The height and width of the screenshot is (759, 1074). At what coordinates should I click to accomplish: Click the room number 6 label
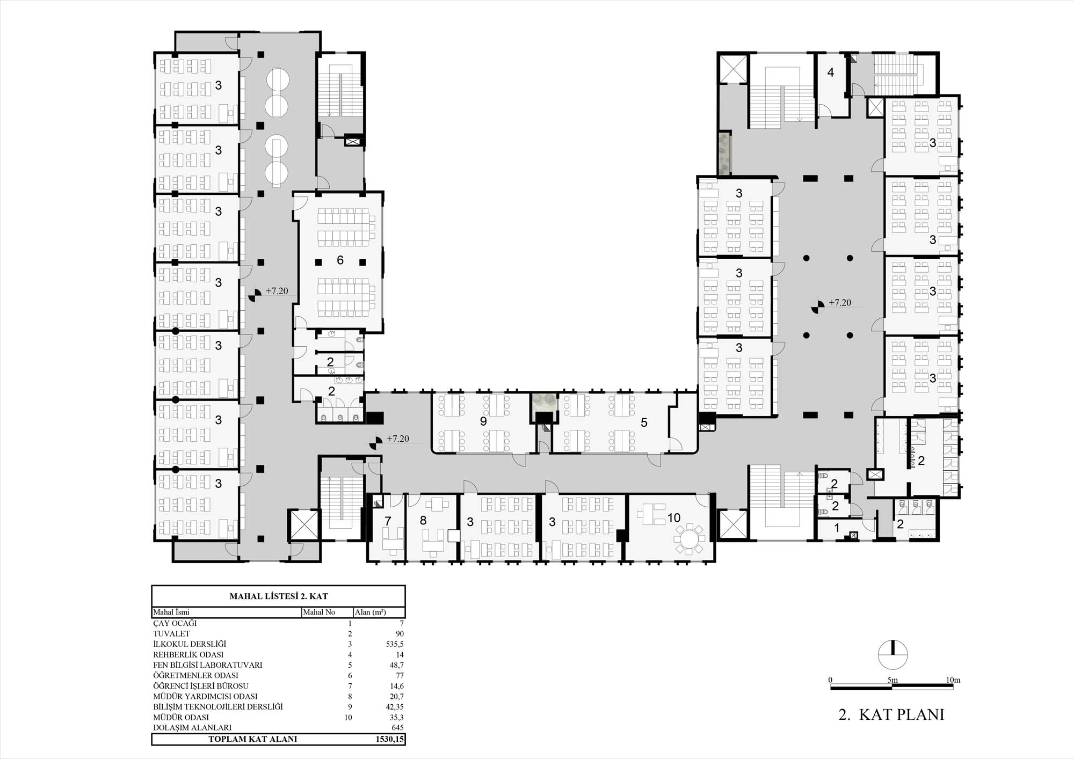[340, 260]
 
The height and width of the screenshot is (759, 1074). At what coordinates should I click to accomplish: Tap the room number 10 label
[674, 518]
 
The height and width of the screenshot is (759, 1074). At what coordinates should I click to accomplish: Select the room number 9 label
[483, 422]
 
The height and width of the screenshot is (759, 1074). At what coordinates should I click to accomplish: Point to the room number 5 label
[644, 423]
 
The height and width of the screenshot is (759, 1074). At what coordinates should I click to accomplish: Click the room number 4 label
[831, 72]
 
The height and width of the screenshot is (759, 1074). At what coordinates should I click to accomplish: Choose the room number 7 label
[388, 521]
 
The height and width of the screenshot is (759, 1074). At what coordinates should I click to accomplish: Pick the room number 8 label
[423, 520]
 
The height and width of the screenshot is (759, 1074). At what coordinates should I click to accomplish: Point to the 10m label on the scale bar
[953, 680]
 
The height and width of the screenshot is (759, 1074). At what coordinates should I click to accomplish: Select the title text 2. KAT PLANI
[891, 714]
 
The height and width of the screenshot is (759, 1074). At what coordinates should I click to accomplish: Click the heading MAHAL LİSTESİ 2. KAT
[278, 596]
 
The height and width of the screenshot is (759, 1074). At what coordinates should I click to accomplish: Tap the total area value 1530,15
[389, 739]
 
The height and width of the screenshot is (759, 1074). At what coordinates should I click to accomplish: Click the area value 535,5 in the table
[395, 644]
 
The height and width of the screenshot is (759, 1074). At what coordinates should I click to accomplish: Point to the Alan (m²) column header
[370, 612]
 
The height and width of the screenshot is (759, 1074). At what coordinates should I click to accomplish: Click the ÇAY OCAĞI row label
[175, 623]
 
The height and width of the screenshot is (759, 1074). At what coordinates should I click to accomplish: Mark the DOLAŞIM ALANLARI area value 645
[398, 728]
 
